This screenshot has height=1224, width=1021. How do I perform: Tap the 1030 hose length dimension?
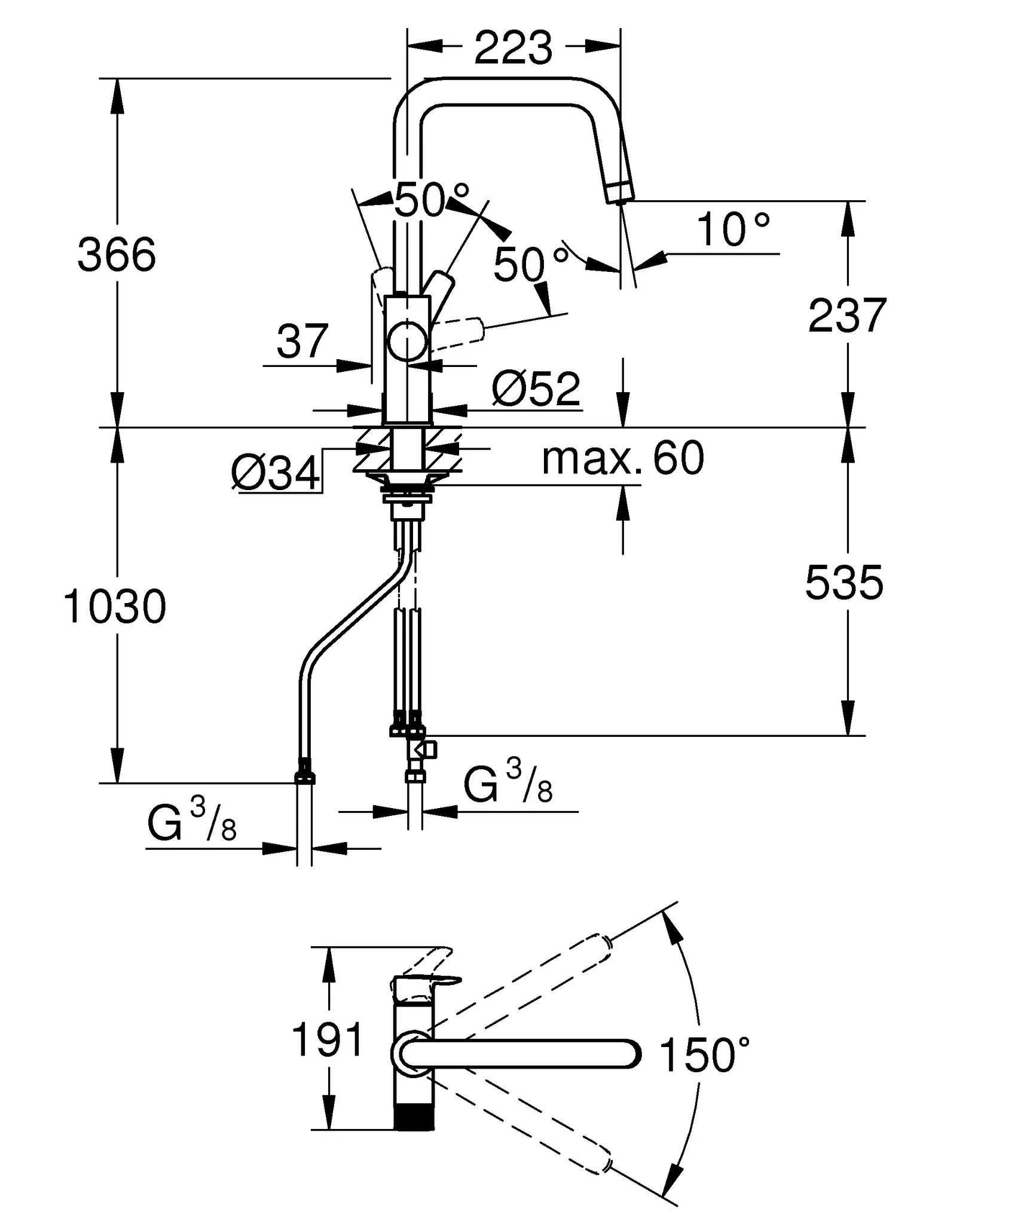tap(115, 607)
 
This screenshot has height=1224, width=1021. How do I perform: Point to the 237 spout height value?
tap(847, 316)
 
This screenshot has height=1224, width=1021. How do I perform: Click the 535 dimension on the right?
tap(843, 583)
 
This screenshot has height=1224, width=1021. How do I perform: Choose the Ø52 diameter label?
tap(536, 389)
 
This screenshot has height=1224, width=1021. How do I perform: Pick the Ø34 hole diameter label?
tap(275, 474)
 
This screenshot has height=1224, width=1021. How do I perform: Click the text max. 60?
tap(623, 458)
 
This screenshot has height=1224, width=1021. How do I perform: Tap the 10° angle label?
tap(733, 230)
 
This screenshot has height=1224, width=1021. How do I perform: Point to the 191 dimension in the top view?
tap(328, 1040)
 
